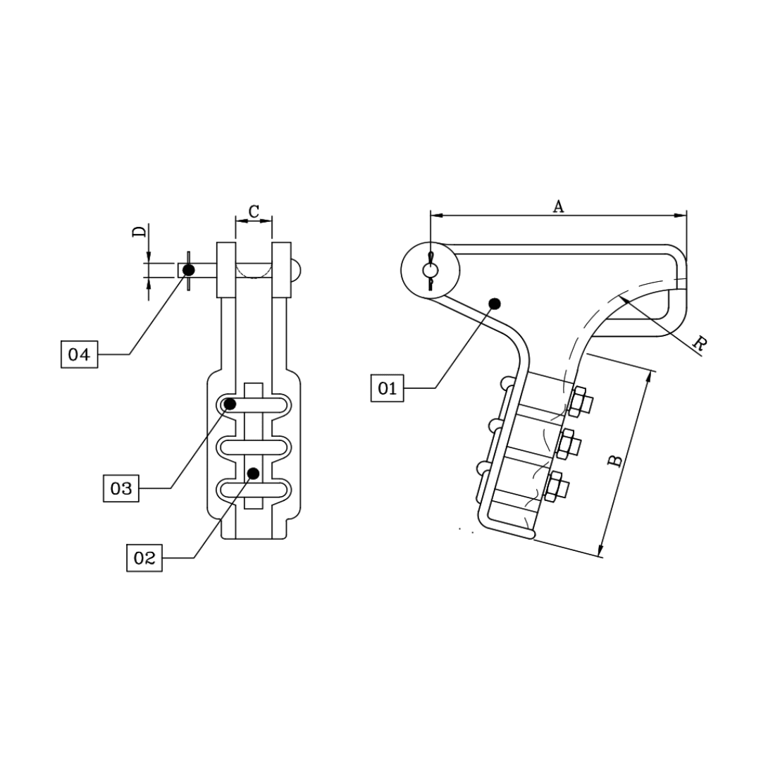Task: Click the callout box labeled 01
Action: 388,388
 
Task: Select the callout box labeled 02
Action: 144,558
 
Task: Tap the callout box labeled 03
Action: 121,488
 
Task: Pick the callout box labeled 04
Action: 79,354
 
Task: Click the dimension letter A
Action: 558,206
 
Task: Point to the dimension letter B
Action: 615,461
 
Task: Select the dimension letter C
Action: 254,211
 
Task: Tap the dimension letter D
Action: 140,232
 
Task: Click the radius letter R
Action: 699,344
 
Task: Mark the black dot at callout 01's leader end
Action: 495,303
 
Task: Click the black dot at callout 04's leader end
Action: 188,270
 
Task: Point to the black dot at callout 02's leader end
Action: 254,472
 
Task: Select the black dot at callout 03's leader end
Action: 230,404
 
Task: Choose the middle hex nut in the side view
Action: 568,444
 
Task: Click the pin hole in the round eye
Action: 430,271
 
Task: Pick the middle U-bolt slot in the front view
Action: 254,447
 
